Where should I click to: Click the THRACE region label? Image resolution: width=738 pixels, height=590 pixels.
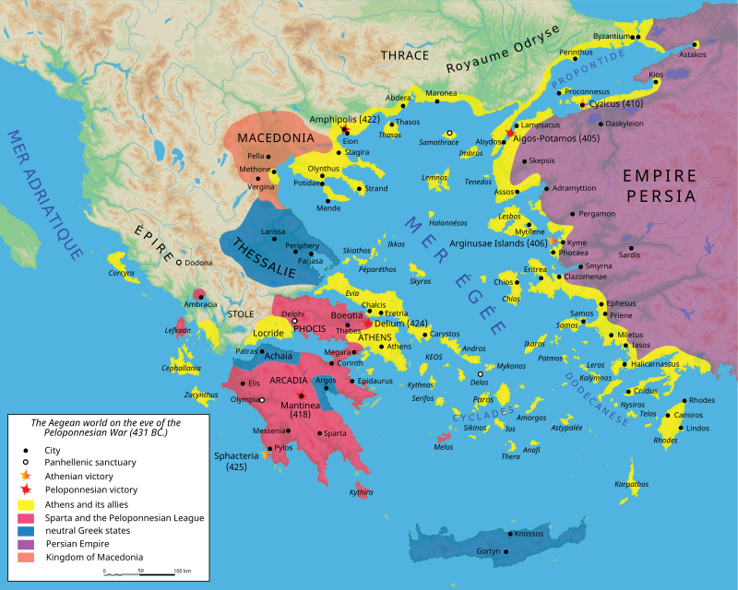(x=405, y=55)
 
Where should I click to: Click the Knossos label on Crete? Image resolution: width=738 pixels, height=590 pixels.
(x=529, y=534)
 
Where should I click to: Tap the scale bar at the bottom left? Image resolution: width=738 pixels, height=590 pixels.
(x=139, y=573)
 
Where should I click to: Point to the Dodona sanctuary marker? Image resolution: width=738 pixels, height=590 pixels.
(x=179, y=263)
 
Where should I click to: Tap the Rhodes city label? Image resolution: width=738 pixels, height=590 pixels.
(x=701, y=400)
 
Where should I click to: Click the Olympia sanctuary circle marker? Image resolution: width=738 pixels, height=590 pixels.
(x=262, y=400)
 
